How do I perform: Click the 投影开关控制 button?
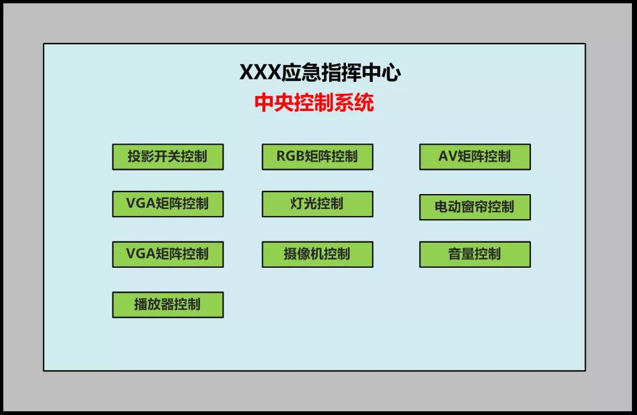pyautogui.click(x=167, y=157)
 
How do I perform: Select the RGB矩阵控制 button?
pyautogui.click(x=317, y=157)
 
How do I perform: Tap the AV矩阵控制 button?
pyautogui.click(x=475, y=157)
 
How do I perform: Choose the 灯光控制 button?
pyautogui.click(x=317, y=204)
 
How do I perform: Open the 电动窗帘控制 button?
pyautogui.click(x=475, y=207)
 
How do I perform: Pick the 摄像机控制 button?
pyautogui.click(x=317, y=254)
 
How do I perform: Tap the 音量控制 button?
pyautogui.click(x=475, y=254)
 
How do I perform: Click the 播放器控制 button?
pyautogui.click(x=167, y=305)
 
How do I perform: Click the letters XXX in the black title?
pyautogui.click(x=260, y=73)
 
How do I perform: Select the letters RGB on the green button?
pyautogui.click(x=290, y=157)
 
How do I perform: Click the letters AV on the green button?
pyautogui.click(x=448, y=157)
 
